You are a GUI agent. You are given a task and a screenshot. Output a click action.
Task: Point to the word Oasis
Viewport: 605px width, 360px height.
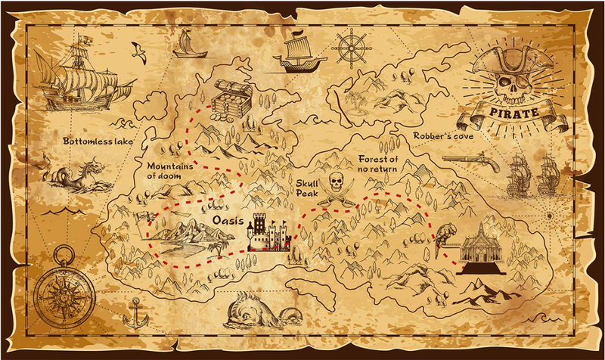coord(228,222)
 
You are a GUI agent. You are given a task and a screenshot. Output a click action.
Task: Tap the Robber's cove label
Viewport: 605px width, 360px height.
coord(442,136)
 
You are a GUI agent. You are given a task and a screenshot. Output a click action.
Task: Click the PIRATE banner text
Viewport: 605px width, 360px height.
coord(514,114)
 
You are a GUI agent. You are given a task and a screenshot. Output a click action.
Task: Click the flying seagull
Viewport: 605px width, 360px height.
coord(138,51)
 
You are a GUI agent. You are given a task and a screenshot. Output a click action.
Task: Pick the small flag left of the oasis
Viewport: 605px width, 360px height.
coord(139,216)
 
